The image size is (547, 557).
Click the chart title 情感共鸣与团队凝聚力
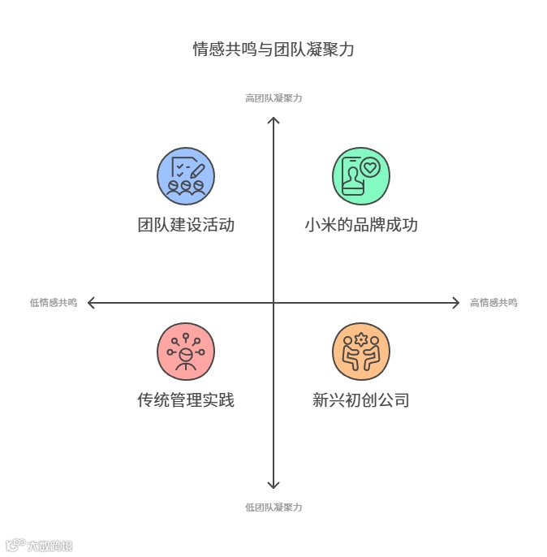(x=273, y=50)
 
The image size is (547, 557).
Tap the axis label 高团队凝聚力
(x=273, y=98)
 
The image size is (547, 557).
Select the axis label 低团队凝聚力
(x=273, y=507)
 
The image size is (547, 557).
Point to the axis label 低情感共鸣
(x=54, y=303)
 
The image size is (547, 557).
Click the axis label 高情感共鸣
(x=493, y=303)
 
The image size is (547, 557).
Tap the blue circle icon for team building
(x=186, y=176)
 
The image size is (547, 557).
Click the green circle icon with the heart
(x=361, y=176)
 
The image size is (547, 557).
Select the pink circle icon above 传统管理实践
(x=186, y=352)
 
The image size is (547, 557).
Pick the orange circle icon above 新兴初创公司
(x=361, y=352)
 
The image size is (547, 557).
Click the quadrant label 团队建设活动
(x=186, y=225)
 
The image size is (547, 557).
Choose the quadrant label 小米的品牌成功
(x=361, y=225)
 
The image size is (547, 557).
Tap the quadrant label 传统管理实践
(x=186, y=400)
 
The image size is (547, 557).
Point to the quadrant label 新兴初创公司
(x=361, y=400)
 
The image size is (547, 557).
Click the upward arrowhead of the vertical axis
(x=273, y=120)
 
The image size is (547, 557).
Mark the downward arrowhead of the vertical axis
(x=273, y=486)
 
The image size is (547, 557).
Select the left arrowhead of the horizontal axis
(x=90, y=303)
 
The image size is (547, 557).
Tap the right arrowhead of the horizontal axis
(x=456, y=303)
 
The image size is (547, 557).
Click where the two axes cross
(x=273, y=303)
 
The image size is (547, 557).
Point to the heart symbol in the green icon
(x=370, y=168)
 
